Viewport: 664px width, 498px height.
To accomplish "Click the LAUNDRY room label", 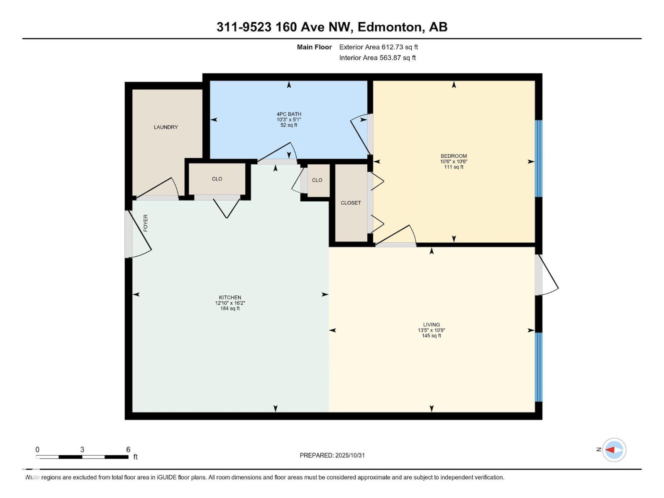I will (x=166, y=127).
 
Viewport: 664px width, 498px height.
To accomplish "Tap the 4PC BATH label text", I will (x=289, y=114).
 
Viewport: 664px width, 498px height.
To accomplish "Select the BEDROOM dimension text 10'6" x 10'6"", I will (x=454, y=161).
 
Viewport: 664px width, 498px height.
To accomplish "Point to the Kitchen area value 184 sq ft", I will (x=230, y=308).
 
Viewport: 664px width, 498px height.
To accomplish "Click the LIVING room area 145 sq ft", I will (x=431, y=336).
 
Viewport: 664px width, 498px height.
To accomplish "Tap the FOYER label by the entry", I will (x=146, y=223).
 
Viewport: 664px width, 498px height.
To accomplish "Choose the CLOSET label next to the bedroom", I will (x=351, y=203).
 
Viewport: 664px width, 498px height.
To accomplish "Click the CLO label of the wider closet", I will (x=217, y=179).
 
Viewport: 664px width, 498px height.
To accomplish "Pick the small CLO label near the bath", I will (x=317, y=180).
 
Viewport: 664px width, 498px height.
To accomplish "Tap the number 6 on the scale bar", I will (x=128, y=449).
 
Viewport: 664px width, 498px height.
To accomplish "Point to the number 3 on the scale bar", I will (x=82, y=449).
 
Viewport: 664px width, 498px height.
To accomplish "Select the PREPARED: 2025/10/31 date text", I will (x=332, y=455).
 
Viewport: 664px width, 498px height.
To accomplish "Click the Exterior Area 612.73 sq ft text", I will (x=378, y=47).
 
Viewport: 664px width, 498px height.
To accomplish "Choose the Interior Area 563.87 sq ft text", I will (x=377, y=58).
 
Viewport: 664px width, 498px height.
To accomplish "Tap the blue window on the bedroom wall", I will (x=538, y=159).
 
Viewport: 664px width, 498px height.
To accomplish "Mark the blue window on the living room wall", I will (x=538, y=367).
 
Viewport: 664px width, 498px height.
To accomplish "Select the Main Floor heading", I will (x=314, y=47).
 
